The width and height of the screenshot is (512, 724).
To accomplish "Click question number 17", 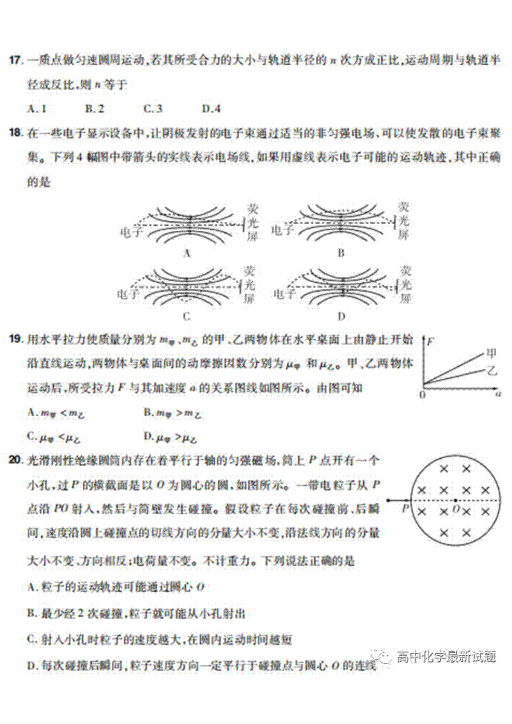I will [15, 60].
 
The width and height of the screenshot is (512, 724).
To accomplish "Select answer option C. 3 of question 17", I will [153, 109].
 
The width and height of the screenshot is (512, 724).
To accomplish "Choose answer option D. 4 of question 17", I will [211, 109].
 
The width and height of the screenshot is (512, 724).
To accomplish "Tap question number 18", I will [15, 133].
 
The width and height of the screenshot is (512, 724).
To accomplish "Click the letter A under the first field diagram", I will [186, 253].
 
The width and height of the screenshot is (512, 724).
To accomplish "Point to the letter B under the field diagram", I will [341, 253].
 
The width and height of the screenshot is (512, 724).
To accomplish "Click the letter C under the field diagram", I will [186, 316].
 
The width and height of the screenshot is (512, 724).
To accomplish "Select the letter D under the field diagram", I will [341, 316].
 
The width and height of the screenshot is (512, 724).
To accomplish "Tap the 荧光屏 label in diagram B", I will [403, 221].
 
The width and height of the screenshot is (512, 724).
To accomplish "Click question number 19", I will [15, 339].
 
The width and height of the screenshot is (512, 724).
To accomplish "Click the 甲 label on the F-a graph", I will [492, 354].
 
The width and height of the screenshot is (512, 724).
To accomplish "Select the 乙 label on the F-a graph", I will [492, 371].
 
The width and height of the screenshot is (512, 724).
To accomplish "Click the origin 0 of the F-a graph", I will [422, 395].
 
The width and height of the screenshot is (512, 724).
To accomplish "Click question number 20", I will [15, 460].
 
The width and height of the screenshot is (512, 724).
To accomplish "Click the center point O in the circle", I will [456, 501].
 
